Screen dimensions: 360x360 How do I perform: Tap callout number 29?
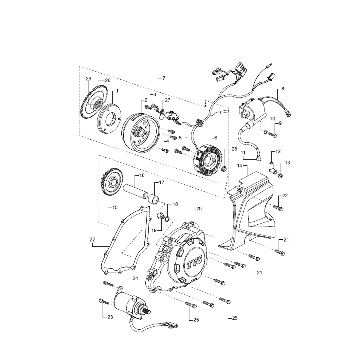click(x=88, y=79)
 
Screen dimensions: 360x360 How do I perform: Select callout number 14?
click(x=240, y=165)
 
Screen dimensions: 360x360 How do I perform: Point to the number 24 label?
click(x=135, y=278)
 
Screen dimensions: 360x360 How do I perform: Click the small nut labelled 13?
click(x=281, y=175)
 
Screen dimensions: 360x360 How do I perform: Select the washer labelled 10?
click(x=266, y=132)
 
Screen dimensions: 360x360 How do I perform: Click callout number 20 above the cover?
click(x=199, y=209)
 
